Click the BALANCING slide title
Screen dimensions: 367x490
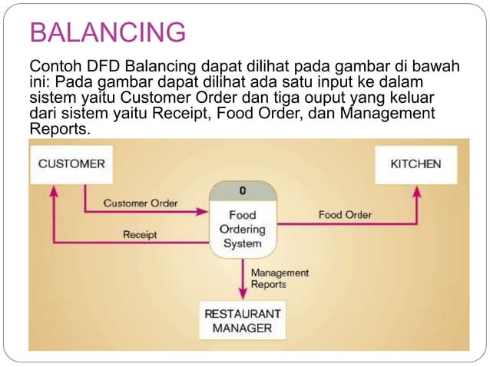click(107, 34)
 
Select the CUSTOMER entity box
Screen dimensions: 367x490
click(71, 164)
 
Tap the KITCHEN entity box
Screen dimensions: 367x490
click(416, 164)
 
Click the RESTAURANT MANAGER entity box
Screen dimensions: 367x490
click(242, 320)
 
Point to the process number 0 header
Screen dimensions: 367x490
click(242, 190)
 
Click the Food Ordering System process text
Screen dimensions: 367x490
click(242, 229)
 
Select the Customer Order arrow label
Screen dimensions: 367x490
click(140, 203)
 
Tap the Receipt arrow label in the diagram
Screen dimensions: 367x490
click(140, 234)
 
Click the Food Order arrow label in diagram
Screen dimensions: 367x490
click(345, 215)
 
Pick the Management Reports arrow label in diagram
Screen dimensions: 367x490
click(280, 278)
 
